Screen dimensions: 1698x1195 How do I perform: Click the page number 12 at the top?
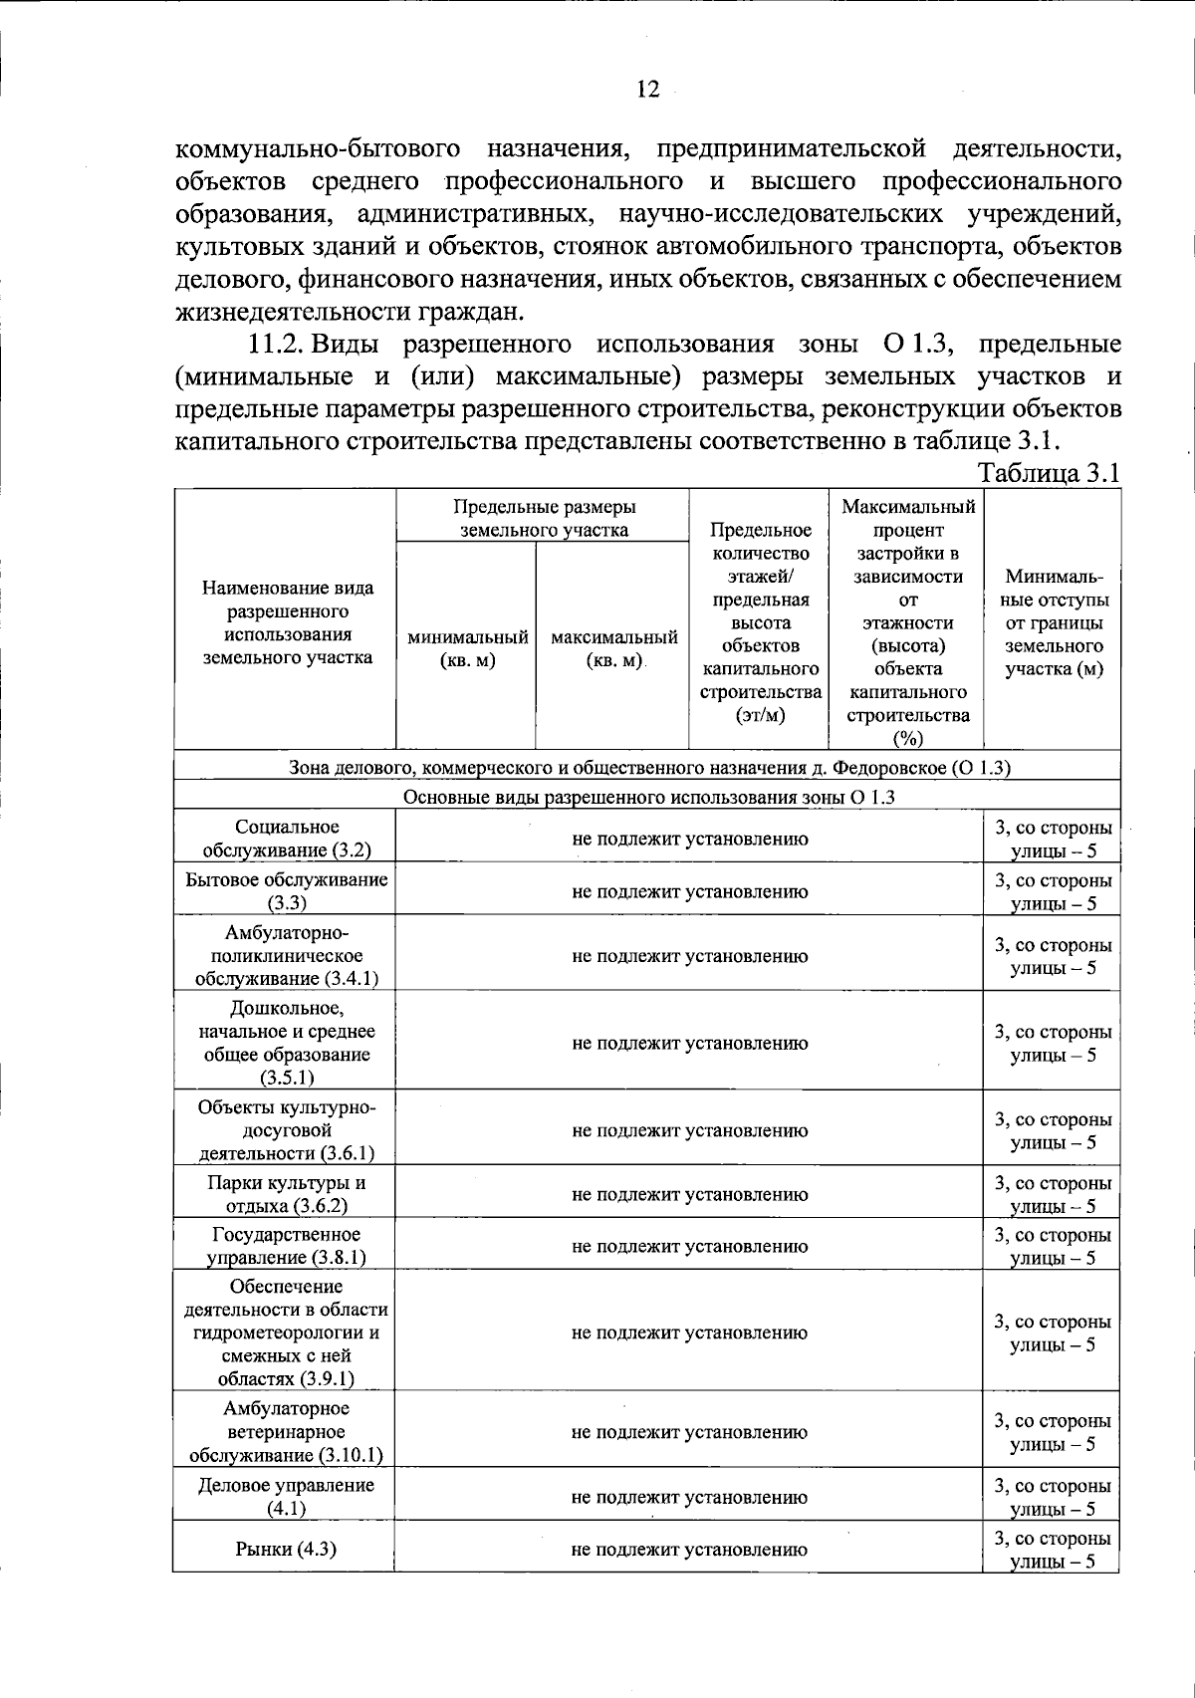click(647, 90)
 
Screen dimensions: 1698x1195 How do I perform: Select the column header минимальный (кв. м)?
click(467, 648)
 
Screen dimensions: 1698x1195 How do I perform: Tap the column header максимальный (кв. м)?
click(613, 648)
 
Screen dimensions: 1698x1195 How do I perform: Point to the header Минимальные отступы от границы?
click(1054, 622)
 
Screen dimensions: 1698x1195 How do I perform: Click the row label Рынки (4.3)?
click(285, 1550)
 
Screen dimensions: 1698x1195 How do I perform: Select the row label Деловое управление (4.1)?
click(285, 1497)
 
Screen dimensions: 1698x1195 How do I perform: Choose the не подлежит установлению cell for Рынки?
click(689, 1550)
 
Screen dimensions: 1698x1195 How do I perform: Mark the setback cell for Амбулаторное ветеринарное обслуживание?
click(1053, 1432)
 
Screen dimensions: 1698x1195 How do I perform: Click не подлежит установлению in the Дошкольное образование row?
click(689, 1044)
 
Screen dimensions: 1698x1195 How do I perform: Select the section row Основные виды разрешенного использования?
click(648, 798)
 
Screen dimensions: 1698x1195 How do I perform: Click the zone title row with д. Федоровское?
click(649, 768)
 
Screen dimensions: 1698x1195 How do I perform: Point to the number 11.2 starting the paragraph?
click(275, 345)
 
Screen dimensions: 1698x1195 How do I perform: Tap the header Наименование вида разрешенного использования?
click(287, 622)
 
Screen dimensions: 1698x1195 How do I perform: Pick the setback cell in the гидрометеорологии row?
click(1053, 1334)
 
